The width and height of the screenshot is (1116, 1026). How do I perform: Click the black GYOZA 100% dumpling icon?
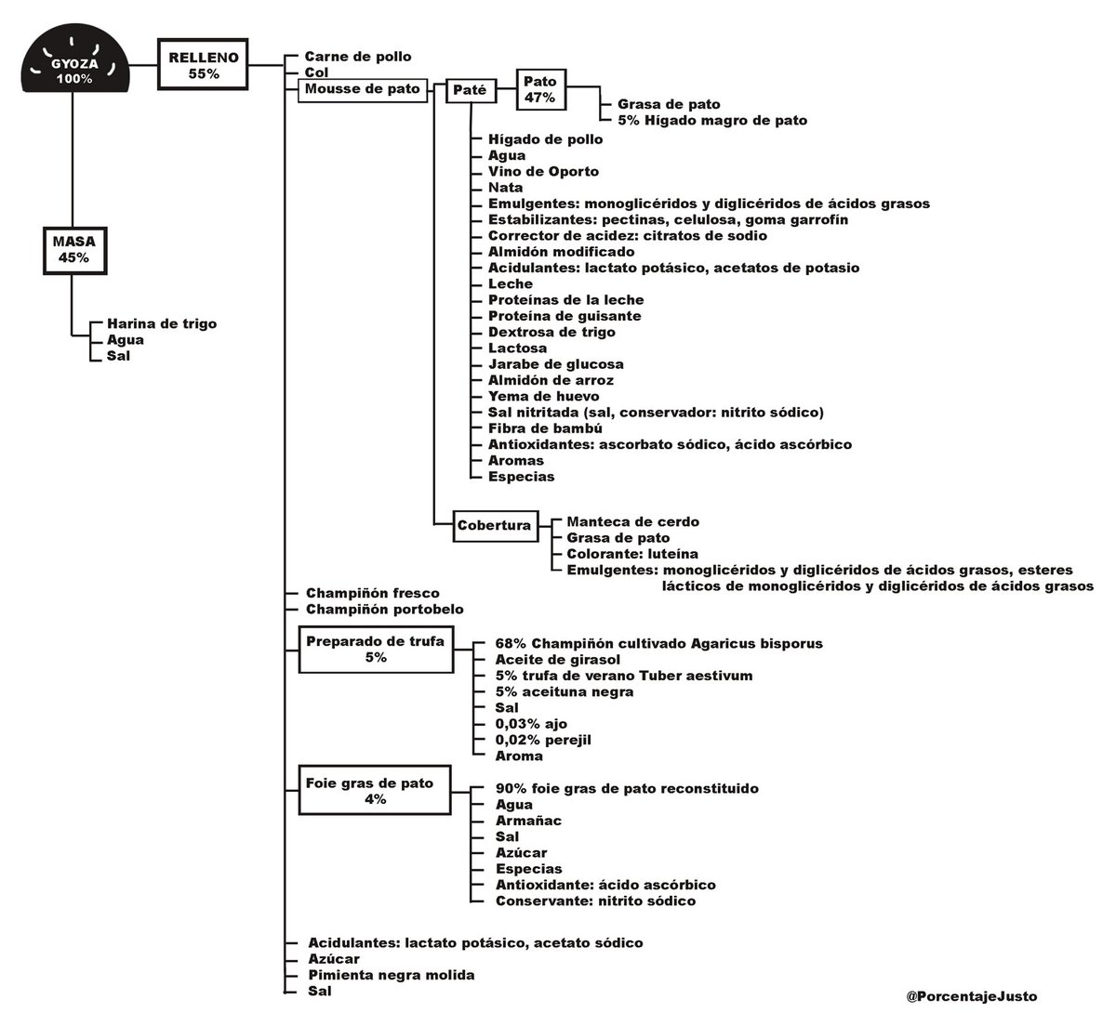tap(75, 59)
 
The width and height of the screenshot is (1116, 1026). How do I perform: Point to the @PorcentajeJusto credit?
tap(971, 996)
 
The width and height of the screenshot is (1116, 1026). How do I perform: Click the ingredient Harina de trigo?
tap(162, 323)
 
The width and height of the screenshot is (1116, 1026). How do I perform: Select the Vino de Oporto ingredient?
tap(543, 171)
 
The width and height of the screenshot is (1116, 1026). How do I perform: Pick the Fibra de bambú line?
tap(545, 428)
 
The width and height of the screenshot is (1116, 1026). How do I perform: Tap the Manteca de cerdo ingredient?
tap(633, 521)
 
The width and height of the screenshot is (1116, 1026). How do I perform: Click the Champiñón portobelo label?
tap(385, 610)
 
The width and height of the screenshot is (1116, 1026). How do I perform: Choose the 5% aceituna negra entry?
tap(565, 691)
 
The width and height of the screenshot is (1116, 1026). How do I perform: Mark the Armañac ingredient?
tap(528, 821)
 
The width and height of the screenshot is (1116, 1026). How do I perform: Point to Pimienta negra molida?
tap(392, 975)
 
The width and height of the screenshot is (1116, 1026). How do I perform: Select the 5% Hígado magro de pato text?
tap(712, 120)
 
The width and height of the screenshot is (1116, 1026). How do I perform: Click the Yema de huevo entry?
tap(544, 396)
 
